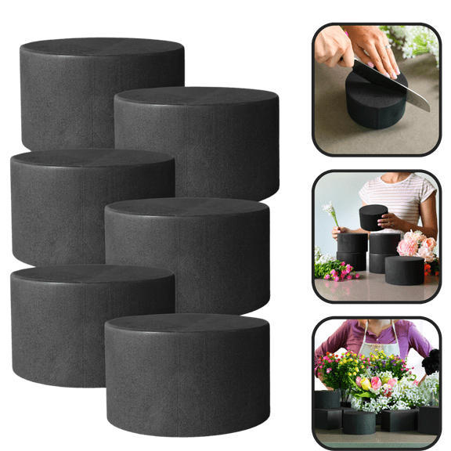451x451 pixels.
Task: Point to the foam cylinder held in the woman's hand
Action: (373, 217)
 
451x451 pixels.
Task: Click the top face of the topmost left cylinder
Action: (102, 49)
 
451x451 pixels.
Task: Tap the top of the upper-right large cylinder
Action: (196, 97)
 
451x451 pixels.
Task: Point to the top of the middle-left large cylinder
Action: (92, 159)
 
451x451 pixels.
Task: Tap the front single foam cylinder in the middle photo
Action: (404, 270)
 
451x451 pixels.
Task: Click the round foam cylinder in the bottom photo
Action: (359, 423)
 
